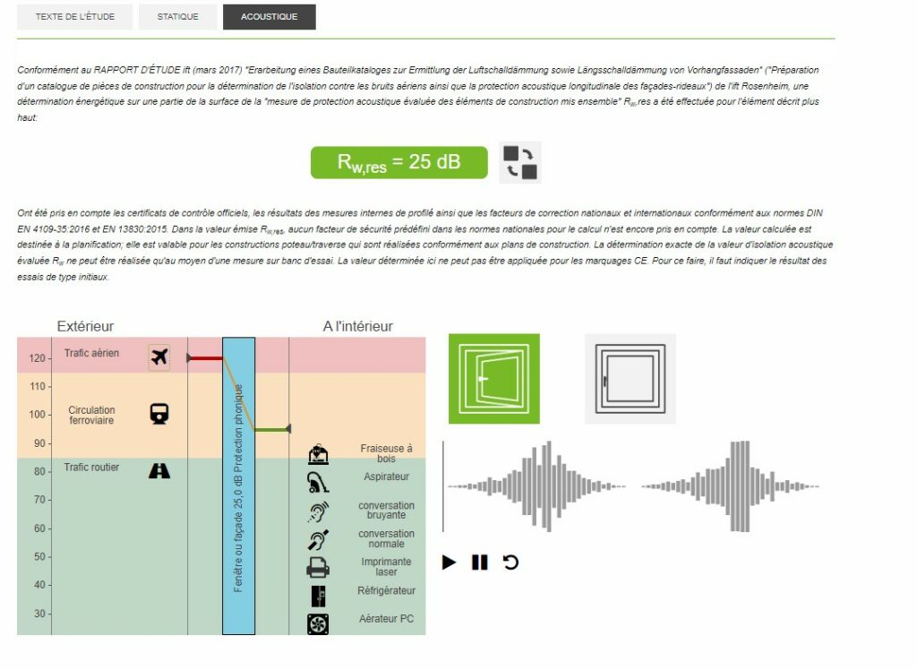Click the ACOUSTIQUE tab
269,17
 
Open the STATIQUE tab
177,17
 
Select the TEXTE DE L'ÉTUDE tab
74,17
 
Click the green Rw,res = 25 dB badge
399,162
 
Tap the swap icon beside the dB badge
520,163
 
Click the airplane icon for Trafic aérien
159,357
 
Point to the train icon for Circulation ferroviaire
159,413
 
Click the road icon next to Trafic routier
159,469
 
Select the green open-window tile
494,378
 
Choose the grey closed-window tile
630,378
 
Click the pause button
480,563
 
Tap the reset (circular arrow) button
510,563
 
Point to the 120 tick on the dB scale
38,358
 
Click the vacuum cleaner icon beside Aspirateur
317,483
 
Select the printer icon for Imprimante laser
317,567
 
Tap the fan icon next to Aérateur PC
317,623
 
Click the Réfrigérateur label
387,591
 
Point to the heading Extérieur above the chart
85,326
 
